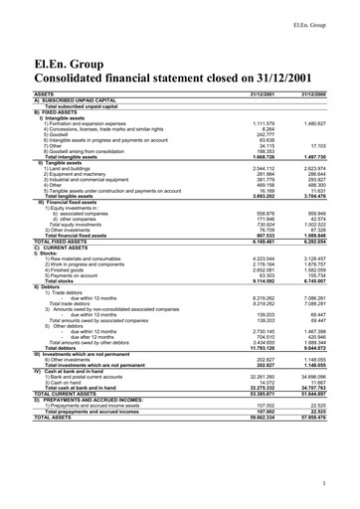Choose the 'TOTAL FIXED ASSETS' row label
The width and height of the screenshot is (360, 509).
[39, 242]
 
